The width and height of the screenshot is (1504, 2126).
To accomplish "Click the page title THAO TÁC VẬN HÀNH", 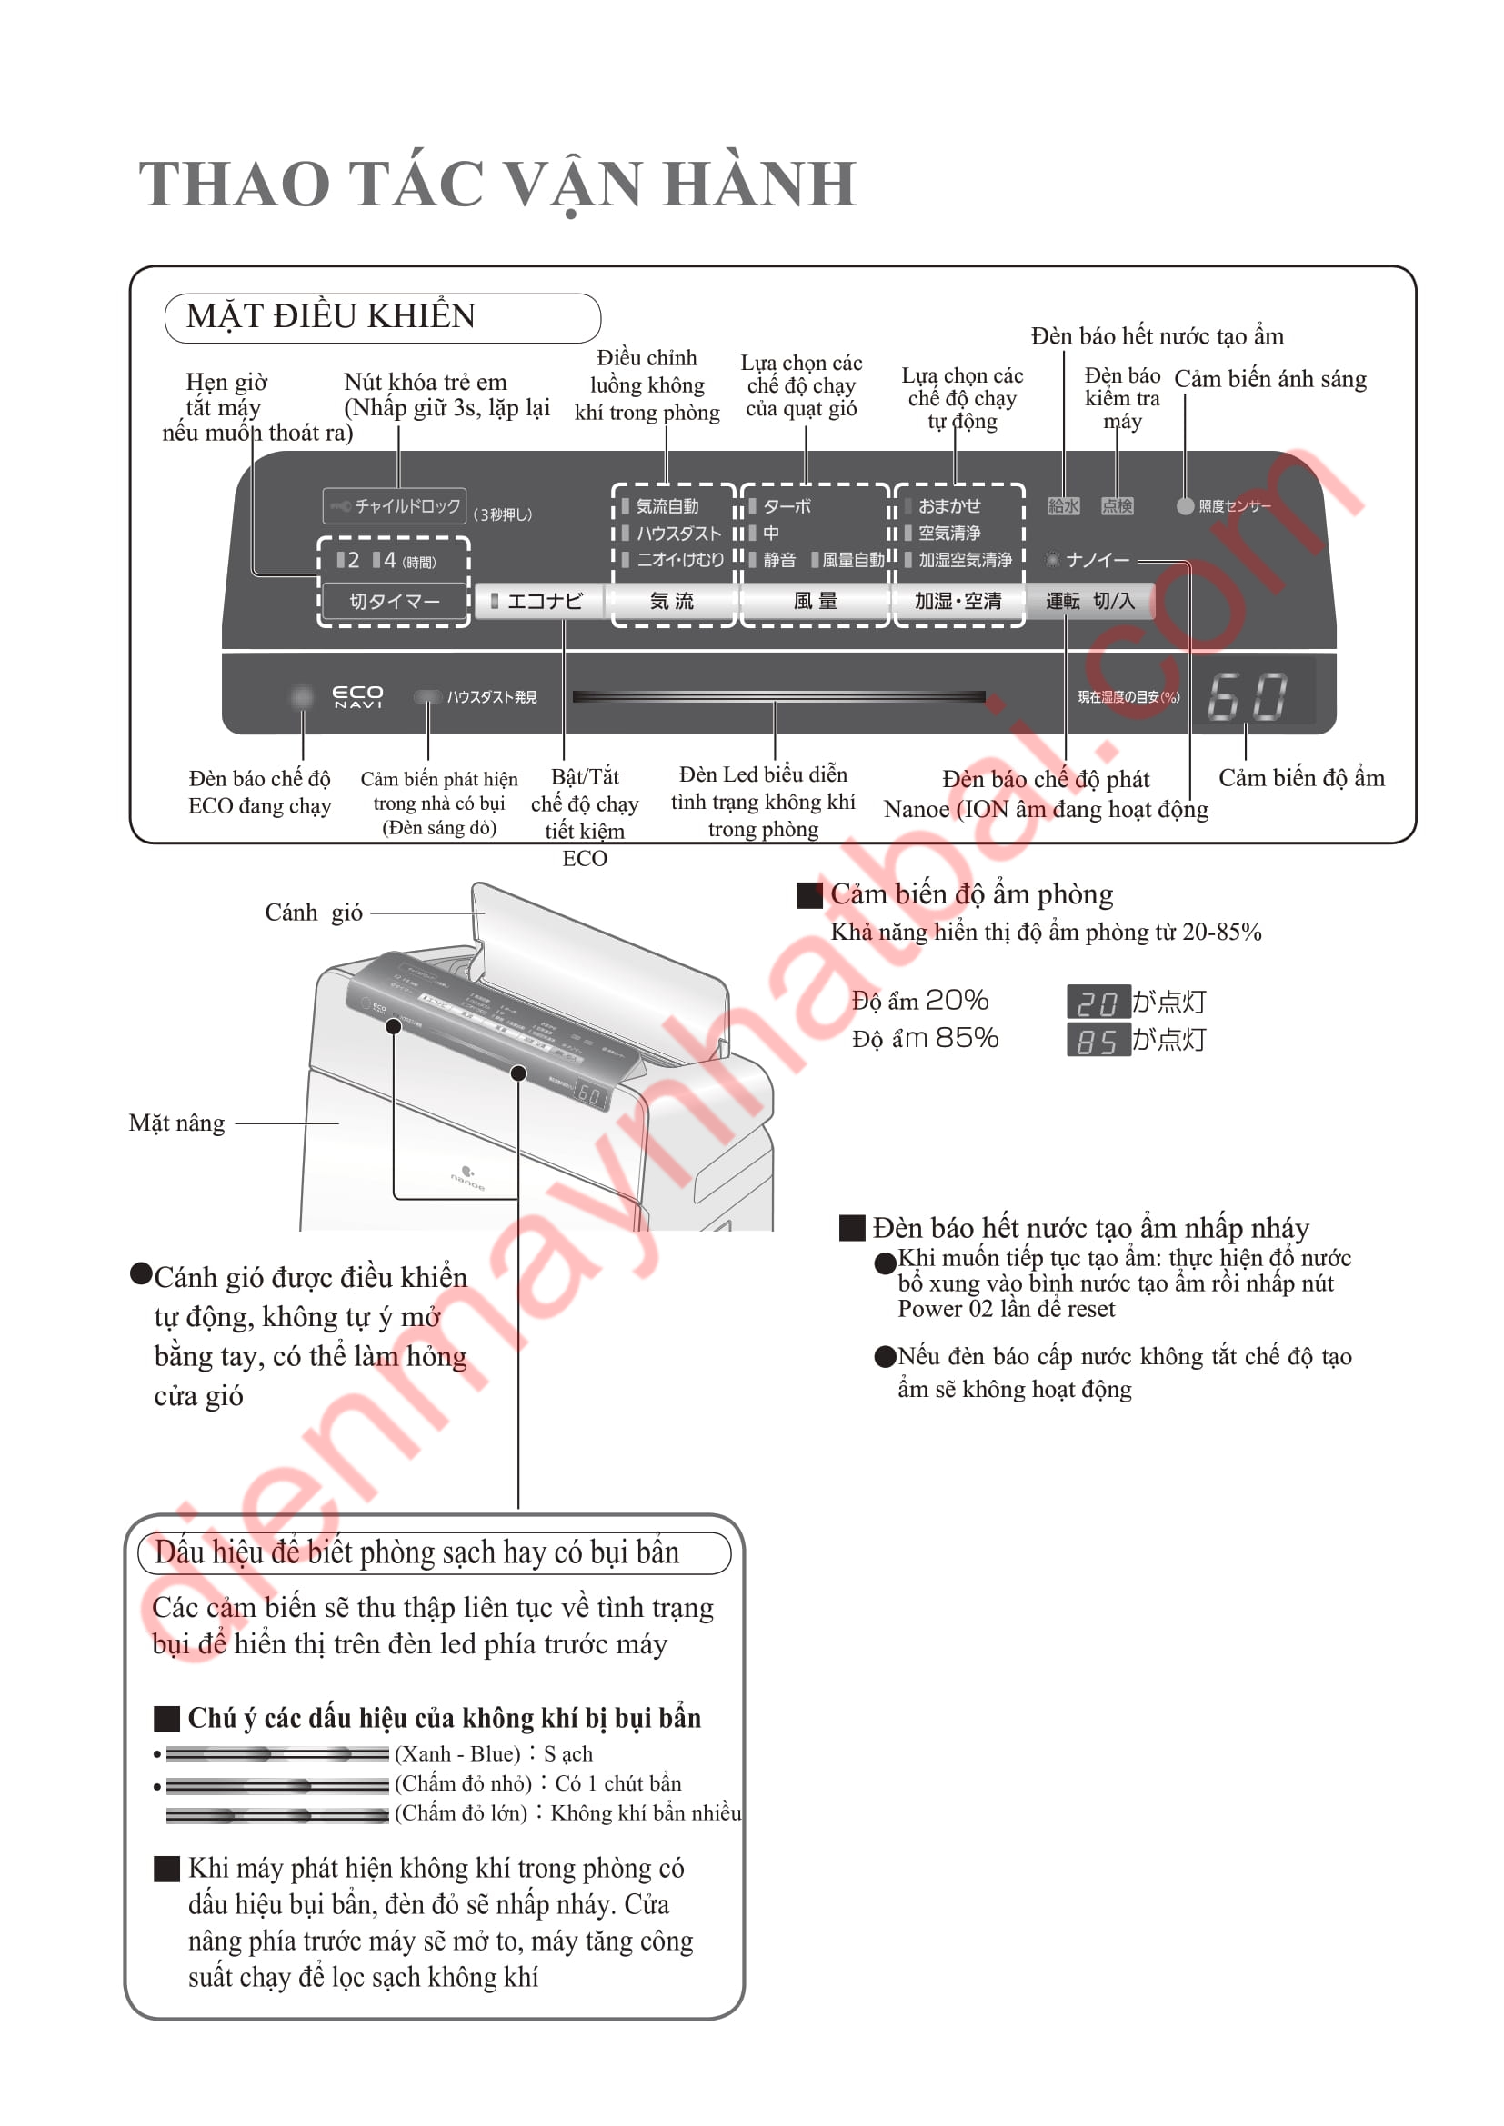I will tap(497, 184).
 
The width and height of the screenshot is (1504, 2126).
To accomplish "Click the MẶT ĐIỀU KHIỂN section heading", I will tap(331, 316).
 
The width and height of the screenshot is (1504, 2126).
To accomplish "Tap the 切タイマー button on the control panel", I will tap(395, 601).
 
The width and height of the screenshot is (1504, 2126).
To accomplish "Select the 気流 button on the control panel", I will tap(671, 601).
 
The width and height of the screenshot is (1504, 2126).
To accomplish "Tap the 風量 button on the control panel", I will tap(815, 601).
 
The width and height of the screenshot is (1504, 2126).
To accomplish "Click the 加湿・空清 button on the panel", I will tap(958, 601).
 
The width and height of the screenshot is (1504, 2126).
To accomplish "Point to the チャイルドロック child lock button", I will tap(396, 505).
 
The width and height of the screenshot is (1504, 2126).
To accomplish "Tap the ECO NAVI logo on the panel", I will tap(357, 696).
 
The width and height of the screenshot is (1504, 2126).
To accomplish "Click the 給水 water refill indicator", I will tap(1063, 505).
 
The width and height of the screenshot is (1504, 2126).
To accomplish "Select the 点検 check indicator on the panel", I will tap(1117, 505).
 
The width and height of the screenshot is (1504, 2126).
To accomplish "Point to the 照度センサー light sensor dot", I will tap(1185, 505).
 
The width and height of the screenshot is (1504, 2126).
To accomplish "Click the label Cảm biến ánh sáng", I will tap(1269, 379).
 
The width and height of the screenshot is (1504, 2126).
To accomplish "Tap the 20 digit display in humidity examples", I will tap(1098, 1002).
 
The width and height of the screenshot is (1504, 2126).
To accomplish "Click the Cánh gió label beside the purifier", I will tap(313, 913).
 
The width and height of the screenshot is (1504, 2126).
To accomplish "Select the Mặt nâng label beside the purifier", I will tap(177, 1123).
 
